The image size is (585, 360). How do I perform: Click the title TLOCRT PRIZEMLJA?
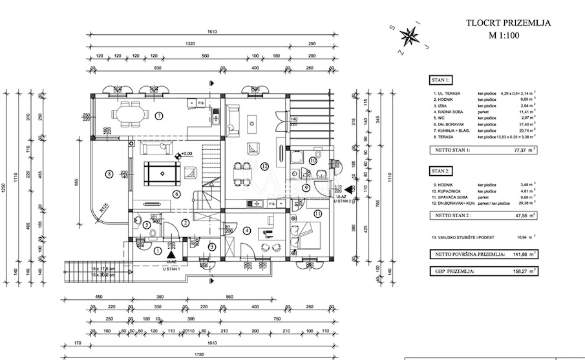pyautogui.click(x=508, y=23)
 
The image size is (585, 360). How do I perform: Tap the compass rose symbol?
pyautogui.click(x=409, y=35)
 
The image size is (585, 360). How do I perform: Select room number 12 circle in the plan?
pyautogui.click(x=264, y=166)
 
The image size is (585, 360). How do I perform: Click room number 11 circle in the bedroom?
pyautogui.click(x=317, y=213)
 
